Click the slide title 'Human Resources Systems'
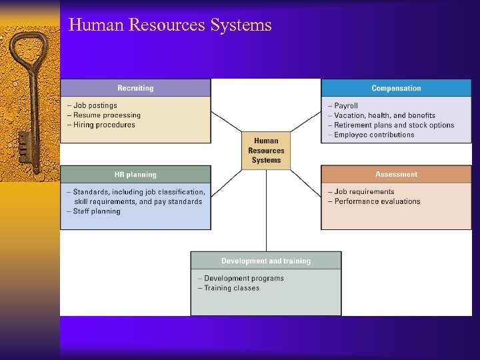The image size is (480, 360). coord(170,25)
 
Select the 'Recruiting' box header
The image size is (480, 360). coord(135,88)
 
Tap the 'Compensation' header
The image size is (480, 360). coord(396,88)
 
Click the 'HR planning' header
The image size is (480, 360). coord(135,175)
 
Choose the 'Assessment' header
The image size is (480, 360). coord(396,175)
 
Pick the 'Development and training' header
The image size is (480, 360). coord(266,261)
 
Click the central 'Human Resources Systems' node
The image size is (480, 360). coord(266,151)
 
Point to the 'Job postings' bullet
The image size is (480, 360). coord(95,105)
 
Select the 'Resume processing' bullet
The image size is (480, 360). coord(107,115)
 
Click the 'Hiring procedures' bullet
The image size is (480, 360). coord(104,125)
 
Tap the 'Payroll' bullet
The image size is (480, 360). coord(345,106)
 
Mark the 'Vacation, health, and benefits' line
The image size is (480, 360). coord(384,115)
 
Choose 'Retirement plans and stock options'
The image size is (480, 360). coord(393,125)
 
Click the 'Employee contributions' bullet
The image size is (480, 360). coord(373,135)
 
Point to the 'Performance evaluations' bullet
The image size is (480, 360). coord(377,201)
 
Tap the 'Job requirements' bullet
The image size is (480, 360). coord(363,192)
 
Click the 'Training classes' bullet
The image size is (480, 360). coord(231,288)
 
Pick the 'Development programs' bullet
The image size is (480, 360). coord(243,279)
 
